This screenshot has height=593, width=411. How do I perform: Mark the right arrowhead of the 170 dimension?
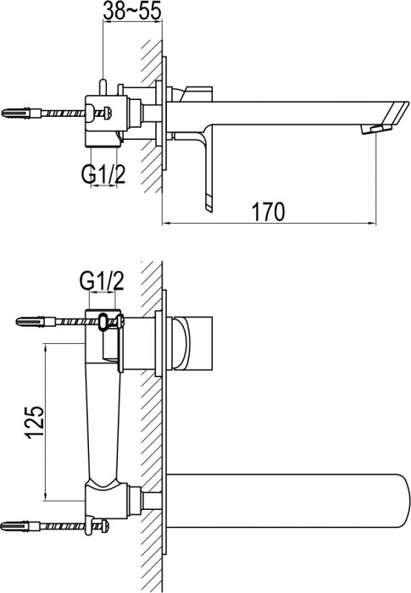tap(372, 224)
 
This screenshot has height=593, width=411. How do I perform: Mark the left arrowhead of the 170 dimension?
tap(166, 224)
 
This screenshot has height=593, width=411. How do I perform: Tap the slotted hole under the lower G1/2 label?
tap(104, 321)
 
